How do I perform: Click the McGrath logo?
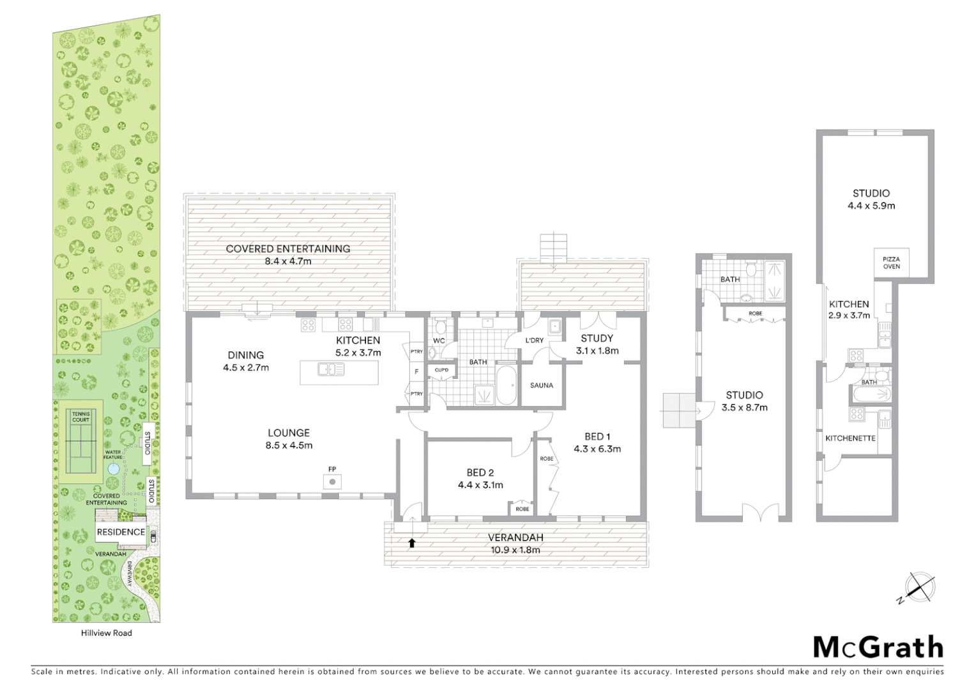click(x=878, y=647)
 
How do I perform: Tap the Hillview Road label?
click(x=107, y=632)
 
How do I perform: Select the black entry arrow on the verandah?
click(x=412, y=543)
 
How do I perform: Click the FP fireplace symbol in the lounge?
click(x=332, y=481)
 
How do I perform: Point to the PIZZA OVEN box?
click(x=891, y=263)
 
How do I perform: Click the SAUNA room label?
click(x=542, y=385)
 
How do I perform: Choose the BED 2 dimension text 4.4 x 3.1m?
click(x=480, y=485)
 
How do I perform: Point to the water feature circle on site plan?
click(x=113, y=468)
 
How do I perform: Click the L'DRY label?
click(x=535, y=340)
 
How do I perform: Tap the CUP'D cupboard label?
click(x=441, y=370)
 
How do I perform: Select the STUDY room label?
click(x=597, y=338)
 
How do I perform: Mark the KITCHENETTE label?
click(x=850, y=438)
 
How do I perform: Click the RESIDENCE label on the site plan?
click(x=121, y=532)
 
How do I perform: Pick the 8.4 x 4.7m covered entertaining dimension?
click(x=288, y=261)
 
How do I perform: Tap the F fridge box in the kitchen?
click(x=416, y=372)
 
